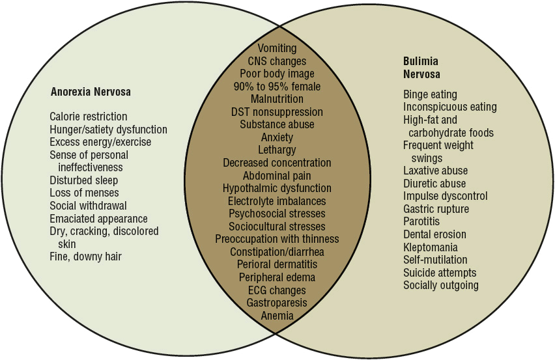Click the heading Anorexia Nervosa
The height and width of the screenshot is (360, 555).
[x=91, y=92]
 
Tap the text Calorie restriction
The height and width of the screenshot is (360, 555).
[x=89, y=117]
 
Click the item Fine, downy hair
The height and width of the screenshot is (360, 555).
[x=85, y=256]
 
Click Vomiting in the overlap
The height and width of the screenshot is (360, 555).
[x=277, y=48]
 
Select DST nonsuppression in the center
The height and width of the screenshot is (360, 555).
[x=277, y=112]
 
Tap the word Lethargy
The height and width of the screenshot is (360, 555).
[x=277, y=150]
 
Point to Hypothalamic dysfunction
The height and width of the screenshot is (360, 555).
[x=277, y=188]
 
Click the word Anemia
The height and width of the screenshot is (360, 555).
[x=277, y=316]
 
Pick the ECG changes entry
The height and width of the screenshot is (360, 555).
[x=277, y=290]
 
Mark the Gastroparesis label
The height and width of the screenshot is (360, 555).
[x=277, y=303]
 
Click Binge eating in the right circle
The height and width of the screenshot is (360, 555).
[x=430, y=94]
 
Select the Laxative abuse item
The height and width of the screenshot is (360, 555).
[x=435, y=171]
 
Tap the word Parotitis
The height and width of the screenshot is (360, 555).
[x=422, y=222]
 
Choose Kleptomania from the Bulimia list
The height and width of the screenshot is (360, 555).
[x=430, y=247]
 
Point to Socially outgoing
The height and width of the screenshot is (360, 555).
[x=440, y=285]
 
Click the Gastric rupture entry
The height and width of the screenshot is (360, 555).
[x=436, y=209]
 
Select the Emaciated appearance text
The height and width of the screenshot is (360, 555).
[x=98, y=219]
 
